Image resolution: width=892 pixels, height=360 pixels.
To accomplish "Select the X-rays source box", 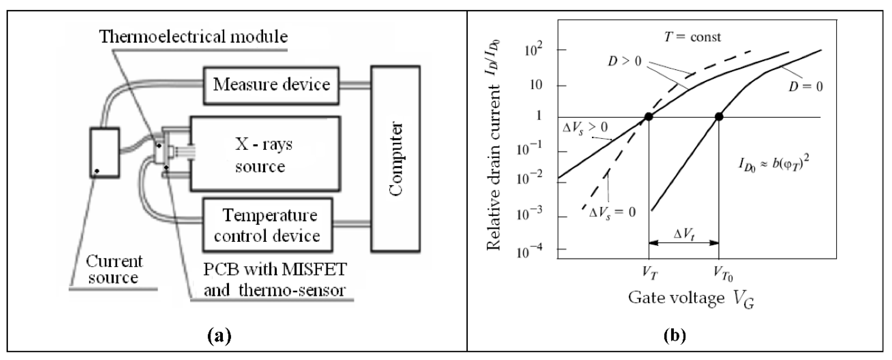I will (x=265, y=154).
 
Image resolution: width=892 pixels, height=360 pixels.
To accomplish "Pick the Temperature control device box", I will (x=267, y=225).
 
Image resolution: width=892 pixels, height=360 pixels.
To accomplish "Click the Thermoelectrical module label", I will (x=194, y=37).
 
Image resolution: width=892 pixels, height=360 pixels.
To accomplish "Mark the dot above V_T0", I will (x=719, y=117).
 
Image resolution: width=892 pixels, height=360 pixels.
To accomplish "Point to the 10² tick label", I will (x=534, y=51).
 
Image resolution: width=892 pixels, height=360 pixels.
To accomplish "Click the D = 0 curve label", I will (x=805, y=86).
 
